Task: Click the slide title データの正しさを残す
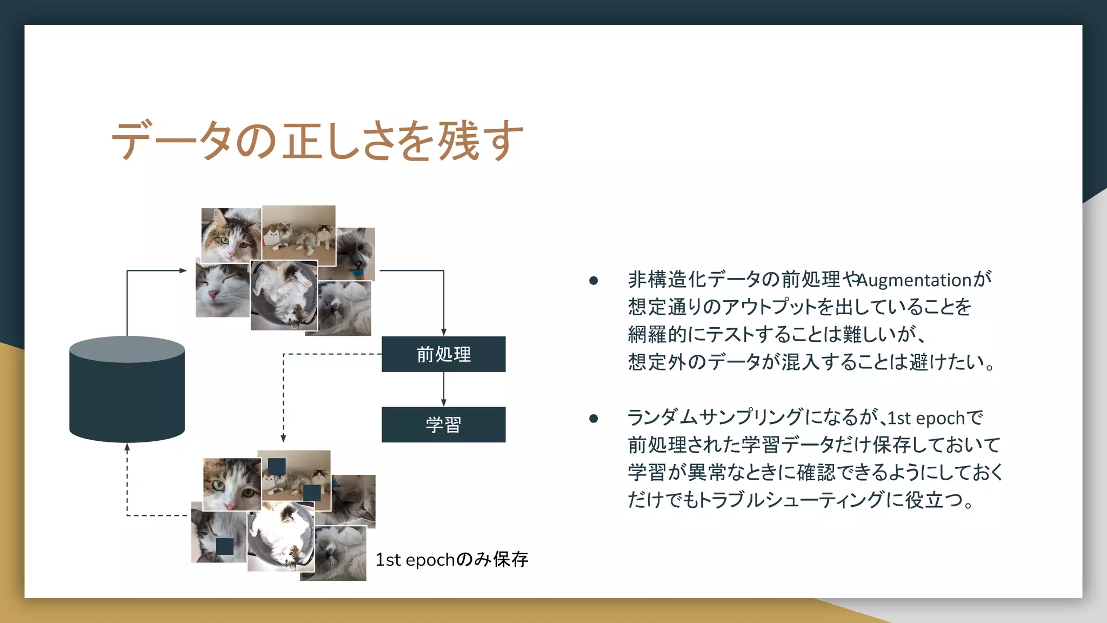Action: point(317,141)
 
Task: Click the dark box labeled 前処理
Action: point(443,354)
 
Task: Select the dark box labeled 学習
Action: point(443,425)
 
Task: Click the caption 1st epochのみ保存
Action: point(451,559)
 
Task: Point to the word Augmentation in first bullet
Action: point(915,280)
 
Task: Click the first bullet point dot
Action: point(593,280)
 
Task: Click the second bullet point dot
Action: point(593,418)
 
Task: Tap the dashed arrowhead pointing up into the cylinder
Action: point(127,447)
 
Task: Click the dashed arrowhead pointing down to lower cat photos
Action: point(283,438)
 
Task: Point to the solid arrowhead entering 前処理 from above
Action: point(444,332)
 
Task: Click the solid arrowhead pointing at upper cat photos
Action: point(183,270)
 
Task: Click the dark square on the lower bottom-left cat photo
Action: point(225,546)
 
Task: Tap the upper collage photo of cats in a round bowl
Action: point(284,296)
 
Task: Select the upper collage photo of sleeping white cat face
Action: point(222,291)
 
